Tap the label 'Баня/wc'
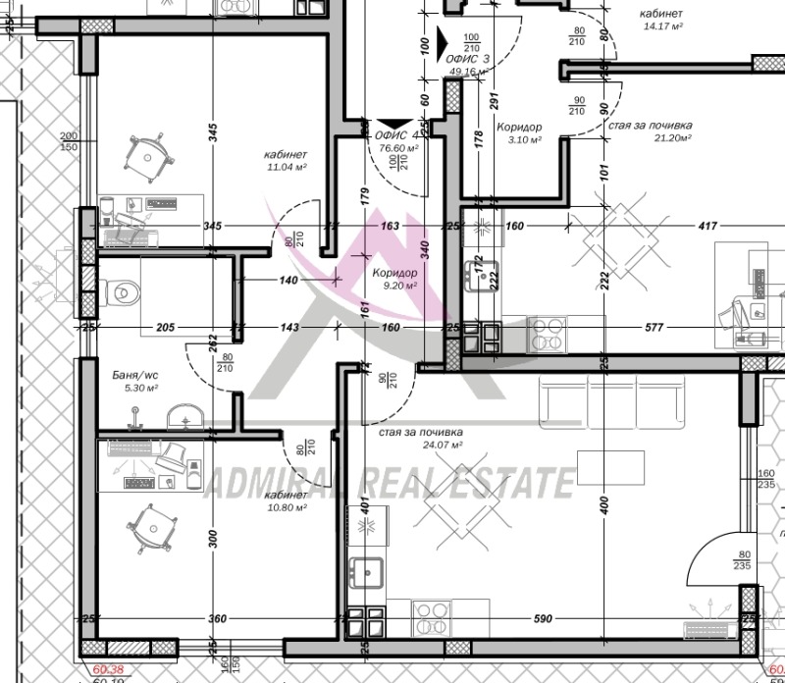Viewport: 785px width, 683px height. point(134,374)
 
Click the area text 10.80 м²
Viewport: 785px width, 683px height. point(286,507)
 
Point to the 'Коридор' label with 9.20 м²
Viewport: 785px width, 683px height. point(394,273)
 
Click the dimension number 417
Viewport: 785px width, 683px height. point(677,227)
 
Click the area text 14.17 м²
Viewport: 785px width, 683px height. point(662,26)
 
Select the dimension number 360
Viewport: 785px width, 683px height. point(217,619)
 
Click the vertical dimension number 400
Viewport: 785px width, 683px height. point(604,505)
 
